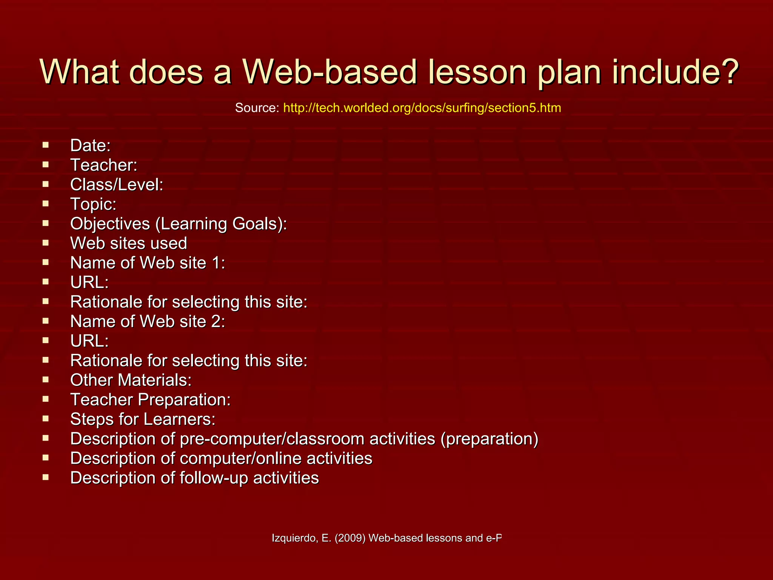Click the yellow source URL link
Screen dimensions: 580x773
point(422,108)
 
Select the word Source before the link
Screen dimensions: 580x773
point(256,108)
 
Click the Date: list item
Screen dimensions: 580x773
point(90,146)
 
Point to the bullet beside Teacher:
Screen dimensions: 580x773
point(46,165)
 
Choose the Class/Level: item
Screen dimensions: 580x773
point(117,185)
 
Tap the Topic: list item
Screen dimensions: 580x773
point(93,204)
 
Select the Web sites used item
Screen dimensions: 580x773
point(128,243)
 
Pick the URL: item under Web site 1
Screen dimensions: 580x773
point(89,282)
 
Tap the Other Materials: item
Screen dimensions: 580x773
point(131,380)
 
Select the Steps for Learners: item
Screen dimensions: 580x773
point(143,420)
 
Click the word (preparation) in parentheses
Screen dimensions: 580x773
point(489,439)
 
